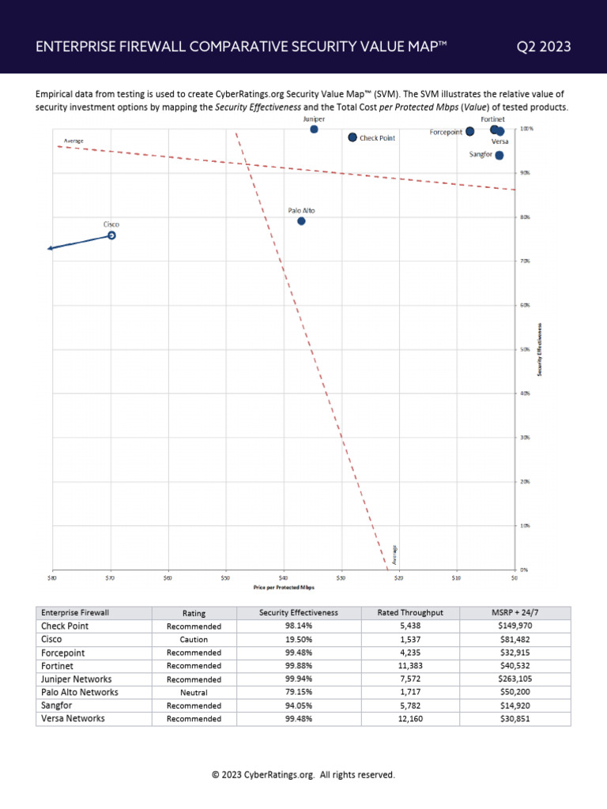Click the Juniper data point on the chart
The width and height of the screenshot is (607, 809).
(x=314, y=129)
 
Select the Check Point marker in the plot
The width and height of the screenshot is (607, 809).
(x=353, y=137)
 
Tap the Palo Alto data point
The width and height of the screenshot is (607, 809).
(x=301, y=221)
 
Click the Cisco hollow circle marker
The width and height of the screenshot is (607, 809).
(x=111, y=235)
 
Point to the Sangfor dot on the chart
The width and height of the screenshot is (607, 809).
(x=499, y=155)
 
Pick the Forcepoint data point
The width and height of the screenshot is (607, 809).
(x=469, y=131)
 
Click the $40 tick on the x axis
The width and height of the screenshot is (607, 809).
(x=283, y=578)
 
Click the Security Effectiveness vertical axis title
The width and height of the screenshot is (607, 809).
(x=540, y=348)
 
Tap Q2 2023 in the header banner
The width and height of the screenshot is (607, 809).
(x=544, y=47)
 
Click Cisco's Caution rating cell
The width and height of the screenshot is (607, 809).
(x=194, y=640)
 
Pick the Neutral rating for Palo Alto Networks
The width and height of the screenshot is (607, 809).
(x=194, y=693)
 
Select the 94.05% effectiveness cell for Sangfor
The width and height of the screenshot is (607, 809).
(x=298, y=706)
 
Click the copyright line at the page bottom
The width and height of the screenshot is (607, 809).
(x=303, y=775)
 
